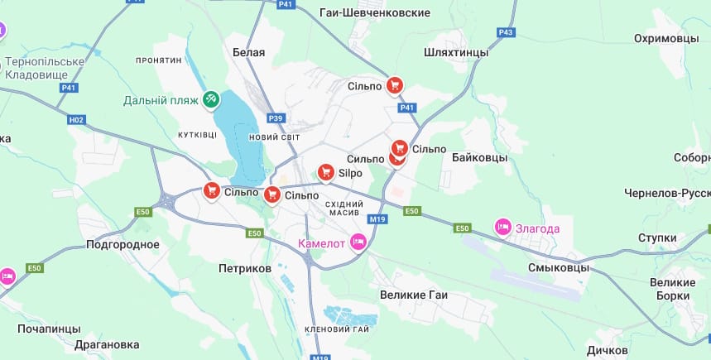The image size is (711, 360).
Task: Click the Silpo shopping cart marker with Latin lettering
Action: [326, 172]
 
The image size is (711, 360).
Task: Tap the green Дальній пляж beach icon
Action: [212, 100]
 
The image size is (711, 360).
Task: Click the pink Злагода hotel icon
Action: [502, 227]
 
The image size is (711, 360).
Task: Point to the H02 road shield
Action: [76, 120]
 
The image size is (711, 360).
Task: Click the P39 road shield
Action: [276, 118]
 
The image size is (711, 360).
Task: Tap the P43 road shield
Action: [507, 32]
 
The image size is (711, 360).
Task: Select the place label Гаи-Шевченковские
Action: [375, 13]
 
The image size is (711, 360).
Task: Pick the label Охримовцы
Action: [666, 39]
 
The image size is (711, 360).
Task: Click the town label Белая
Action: [248, 52]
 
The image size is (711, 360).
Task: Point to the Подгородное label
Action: [123, 245]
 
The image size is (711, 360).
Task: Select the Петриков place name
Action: [245, 269]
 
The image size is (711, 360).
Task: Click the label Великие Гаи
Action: [414, 295]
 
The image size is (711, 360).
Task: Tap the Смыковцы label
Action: [559, 268]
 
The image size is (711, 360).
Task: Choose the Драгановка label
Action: [106, 344]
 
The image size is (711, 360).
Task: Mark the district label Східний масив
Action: [344, 209]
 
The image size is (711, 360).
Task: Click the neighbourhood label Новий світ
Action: [274, 137]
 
